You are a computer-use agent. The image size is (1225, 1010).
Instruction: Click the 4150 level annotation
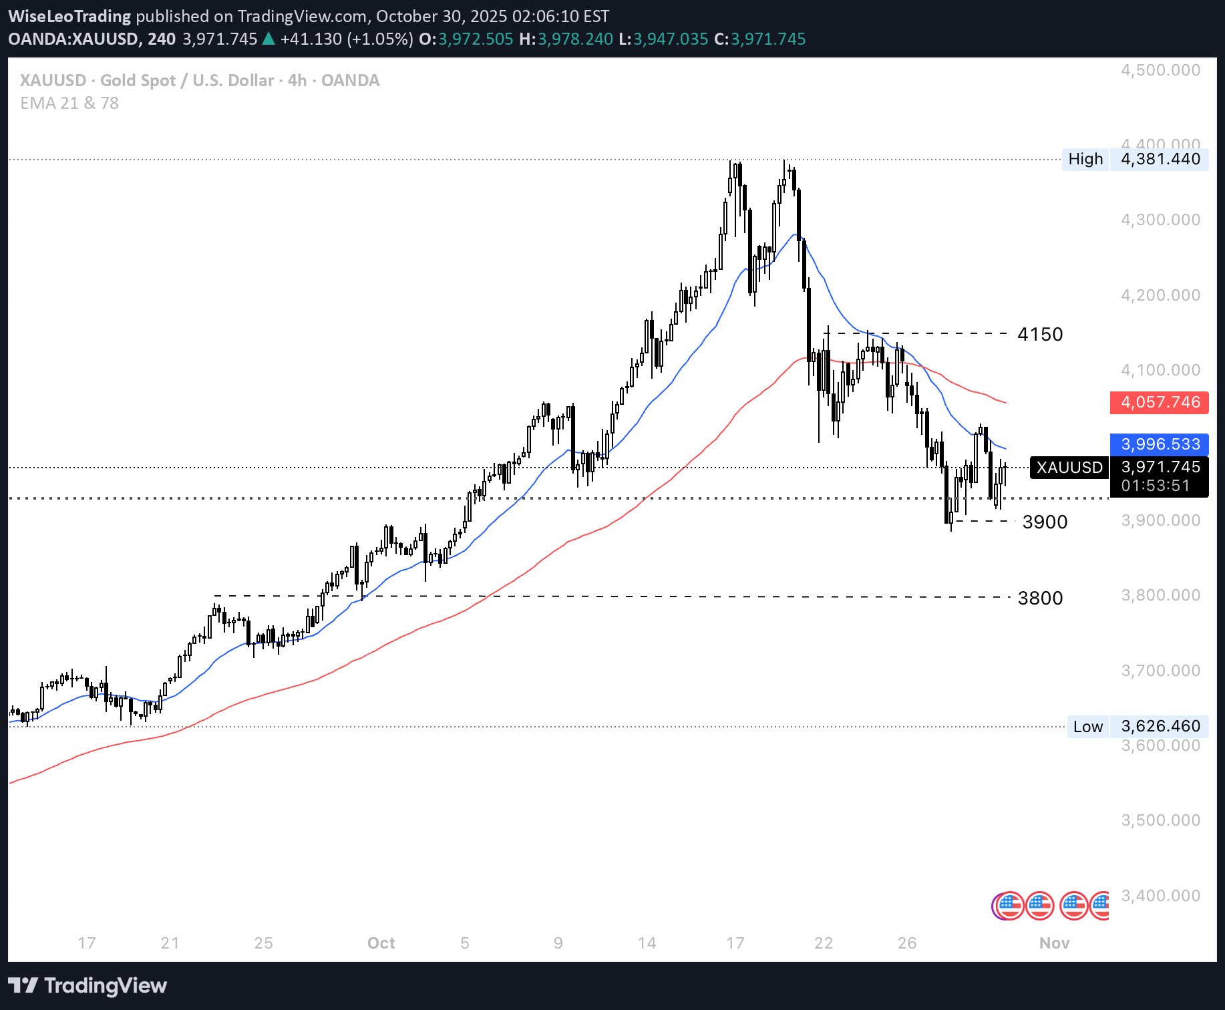(x=1039, y=334)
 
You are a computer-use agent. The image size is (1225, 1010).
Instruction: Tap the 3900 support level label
(x=1045, y=522)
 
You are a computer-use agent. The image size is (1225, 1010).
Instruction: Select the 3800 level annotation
(x=1040, y=598)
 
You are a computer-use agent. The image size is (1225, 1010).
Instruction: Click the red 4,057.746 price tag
(x=1160, y=402)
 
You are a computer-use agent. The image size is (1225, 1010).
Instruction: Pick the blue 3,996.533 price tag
(x=1160, y=444)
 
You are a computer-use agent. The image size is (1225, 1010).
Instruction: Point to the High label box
(x=1085, y=159)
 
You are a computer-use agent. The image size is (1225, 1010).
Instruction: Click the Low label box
(x=1088, y=726)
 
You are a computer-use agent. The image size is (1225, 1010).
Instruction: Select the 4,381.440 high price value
(x=1160, y=159)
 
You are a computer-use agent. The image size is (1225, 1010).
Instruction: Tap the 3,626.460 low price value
(x=1160, y=726)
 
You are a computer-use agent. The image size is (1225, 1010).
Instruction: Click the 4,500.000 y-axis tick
(x=1160, y=70)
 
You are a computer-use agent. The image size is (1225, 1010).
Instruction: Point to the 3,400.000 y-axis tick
(x=1160, y=895)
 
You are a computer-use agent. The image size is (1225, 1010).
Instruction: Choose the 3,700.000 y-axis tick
(x=1160, y=670)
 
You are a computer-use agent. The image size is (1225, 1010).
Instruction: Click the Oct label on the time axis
(x=381, y=943)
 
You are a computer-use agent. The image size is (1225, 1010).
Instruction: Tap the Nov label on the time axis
(x=1054, y=943)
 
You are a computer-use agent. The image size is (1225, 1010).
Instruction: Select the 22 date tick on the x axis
(x=824, y=943)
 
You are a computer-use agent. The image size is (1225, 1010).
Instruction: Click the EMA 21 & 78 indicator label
(x=69, y=103)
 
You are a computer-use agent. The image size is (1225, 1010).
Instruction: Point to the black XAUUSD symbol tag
(x=1069, y=467)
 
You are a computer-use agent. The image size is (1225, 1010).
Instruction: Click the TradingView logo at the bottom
(x=88, y=985)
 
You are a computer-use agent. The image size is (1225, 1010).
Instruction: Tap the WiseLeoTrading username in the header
(x=69, y=16)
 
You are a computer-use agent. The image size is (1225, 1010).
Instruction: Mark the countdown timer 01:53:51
(x=1156, y=486)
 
